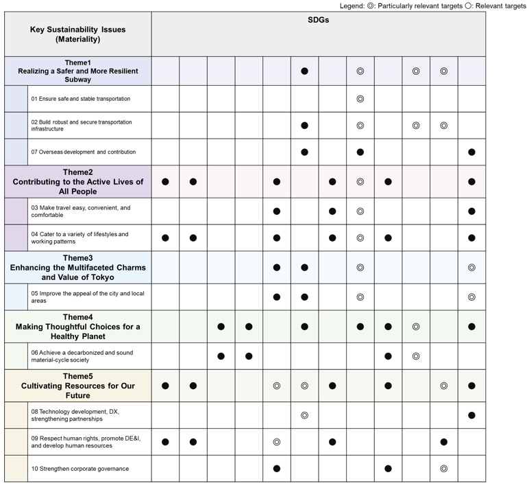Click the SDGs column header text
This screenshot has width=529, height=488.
[x=318, y=21]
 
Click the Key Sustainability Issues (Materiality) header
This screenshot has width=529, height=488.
[x=77, y=34]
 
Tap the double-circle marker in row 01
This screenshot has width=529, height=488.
[x=360, y=99]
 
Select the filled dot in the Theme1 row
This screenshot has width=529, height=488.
[x=304, y=71]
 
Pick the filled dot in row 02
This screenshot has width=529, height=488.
[x=304, y=126]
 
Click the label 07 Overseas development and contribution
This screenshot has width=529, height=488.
[x=84, y=152]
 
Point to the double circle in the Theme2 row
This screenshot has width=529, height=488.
[x=360, y=182]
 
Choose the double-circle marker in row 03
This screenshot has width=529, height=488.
[x=360, y=211]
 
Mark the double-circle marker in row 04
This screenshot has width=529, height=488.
[x=360, y=238]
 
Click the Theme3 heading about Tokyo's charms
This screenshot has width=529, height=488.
[x=77, y=268]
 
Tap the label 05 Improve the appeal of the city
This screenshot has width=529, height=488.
[x=87, y=297]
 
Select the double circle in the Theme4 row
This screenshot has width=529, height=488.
[x=416, y=327]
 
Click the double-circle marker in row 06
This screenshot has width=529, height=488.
[x=416, y=356]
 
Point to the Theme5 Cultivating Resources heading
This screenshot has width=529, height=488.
[x=77, y=386]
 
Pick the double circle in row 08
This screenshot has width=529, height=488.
[x=304, y=415]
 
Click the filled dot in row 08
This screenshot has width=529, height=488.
[x=471, y=415]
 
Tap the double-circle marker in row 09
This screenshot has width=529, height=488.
[x=276, y=442]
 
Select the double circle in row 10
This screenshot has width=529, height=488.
[x=443, y=469]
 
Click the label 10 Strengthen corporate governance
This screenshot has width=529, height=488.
[x=80, y=469]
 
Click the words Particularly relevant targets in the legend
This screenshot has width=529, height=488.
[x=415, y=5]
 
